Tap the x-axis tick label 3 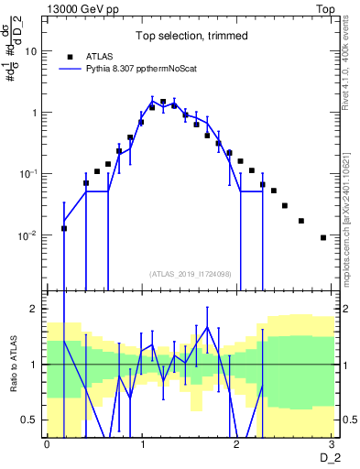coord(331,444)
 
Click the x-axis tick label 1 coord(142,444)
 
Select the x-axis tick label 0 coord(47,444)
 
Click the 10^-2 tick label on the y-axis coord(27,235)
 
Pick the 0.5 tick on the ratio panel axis coord(28,420)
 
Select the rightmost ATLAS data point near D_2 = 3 coord(322,237)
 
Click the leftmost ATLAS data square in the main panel coord(64,228)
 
